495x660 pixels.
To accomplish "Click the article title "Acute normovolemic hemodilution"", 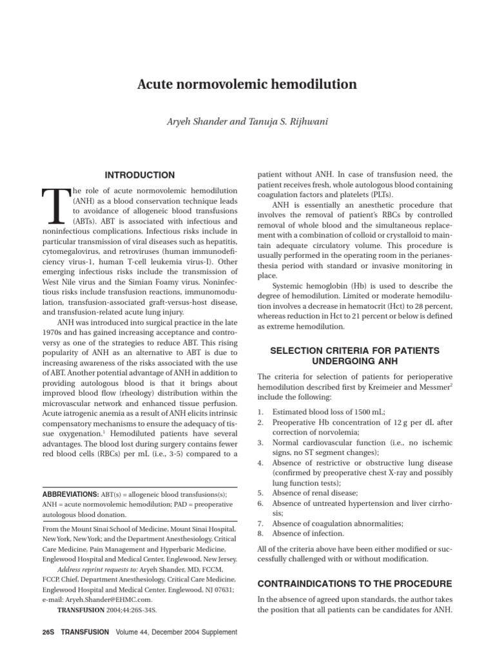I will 247,84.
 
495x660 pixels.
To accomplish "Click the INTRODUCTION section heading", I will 140,175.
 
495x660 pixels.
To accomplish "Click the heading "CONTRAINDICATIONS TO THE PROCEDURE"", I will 354,583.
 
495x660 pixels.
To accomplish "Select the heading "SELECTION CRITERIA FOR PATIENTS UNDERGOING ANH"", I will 354,356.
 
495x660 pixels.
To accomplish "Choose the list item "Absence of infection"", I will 308,533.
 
